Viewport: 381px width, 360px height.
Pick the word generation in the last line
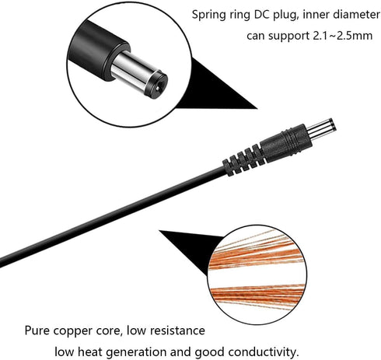pos(137,352)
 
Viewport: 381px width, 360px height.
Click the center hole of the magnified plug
pos(157,88)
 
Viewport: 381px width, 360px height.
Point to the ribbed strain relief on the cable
pos(243,159)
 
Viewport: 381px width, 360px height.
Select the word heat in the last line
pos(90,351)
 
